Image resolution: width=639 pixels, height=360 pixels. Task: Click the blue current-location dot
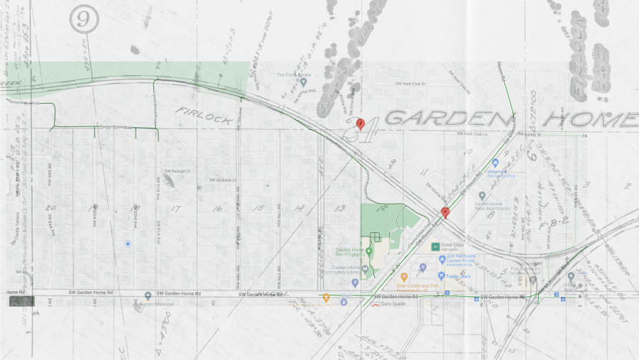127,244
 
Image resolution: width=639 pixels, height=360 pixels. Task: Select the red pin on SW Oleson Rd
445,212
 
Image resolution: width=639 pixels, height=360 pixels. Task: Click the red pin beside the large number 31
361,124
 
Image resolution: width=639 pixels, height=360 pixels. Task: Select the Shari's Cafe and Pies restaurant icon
403,277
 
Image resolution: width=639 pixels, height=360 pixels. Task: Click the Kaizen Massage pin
148,295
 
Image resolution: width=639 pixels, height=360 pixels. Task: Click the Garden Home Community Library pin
366,269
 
